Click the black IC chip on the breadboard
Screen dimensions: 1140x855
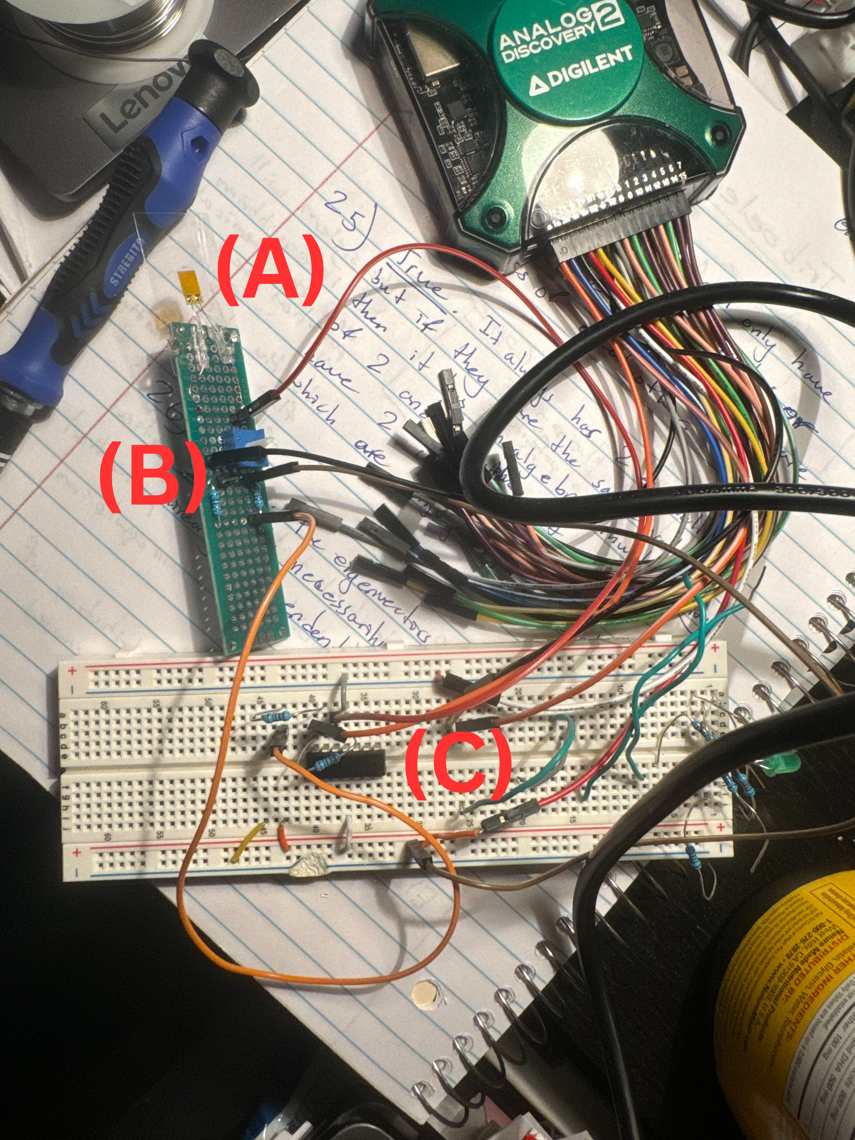pyautogui.click(x=346, y=763)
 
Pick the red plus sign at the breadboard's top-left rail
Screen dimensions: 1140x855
pyautogui.click(x=72, y=670)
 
